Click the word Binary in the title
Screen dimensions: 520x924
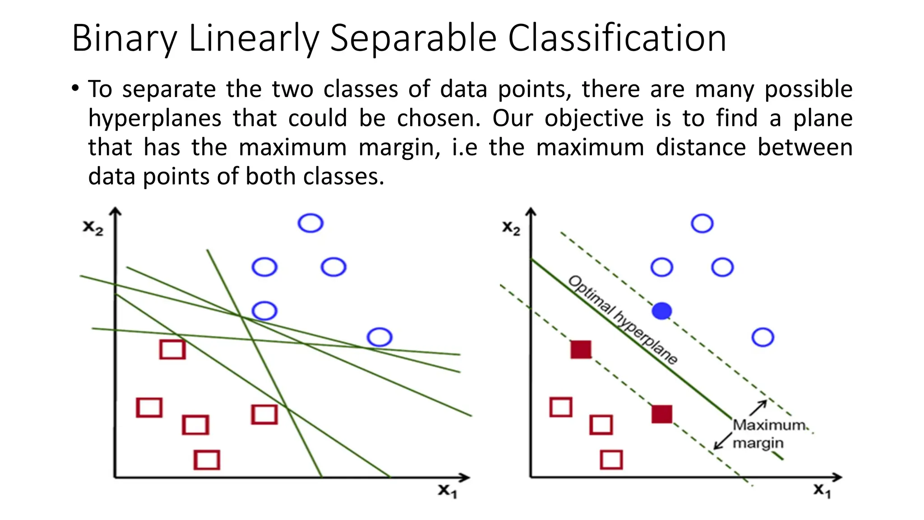point(125,39)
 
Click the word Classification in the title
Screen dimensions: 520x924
point(617,39)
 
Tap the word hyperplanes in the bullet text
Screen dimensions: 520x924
point(154,118)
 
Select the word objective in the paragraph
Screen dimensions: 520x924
point(594,118)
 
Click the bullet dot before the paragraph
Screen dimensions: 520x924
point(75,88)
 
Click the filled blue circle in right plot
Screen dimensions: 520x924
point(662,311)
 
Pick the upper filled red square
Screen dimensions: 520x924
point(581,349)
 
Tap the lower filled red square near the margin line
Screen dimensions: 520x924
point(662,414)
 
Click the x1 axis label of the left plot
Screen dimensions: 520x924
point(448,491)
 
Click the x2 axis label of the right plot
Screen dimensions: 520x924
point(511,228)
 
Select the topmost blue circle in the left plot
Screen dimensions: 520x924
point(310,223)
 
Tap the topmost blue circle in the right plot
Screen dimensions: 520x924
point(702,223)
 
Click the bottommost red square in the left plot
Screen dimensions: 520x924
point(207,460)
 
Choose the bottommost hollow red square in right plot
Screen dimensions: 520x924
point(611,460)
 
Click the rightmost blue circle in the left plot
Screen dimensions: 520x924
point(379,337)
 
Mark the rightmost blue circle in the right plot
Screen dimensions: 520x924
point(763,337)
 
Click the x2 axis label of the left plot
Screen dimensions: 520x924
point(93,228)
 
